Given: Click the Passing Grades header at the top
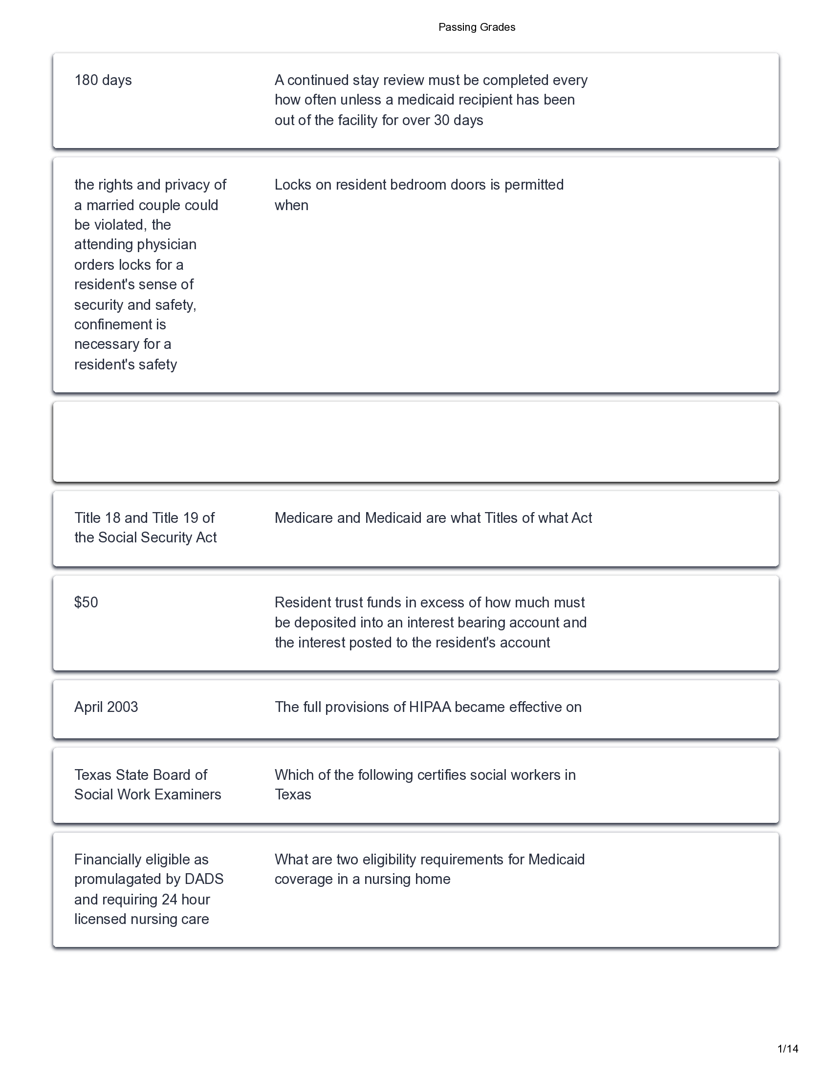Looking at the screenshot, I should [x=477, y=27].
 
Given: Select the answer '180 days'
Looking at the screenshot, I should [x=103, y=80].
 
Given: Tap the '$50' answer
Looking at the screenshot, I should [x=86, y=602].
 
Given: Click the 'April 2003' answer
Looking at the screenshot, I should [x=106, y=708].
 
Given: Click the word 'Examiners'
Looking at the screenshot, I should [x=193, y=795].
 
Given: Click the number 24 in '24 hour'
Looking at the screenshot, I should [x=169, y=900].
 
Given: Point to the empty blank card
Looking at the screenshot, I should [x=415, y=442].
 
